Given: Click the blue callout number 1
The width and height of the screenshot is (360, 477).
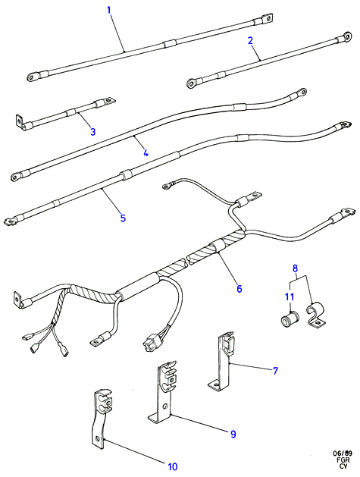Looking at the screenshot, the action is pos(109,9).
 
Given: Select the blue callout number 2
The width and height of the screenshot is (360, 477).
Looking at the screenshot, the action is pos(251,40).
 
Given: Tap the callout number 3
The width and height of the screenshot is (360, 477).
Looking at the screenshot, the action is pos(93,131).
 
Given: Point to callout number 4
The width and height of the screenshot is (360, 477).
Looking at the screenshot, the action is pos(146,152).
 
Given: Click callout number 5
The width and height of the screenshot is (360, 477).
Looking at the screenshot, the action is pos(123,218).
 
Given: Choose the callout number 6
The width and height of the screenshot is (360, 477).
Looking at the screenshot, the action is pos(239,288).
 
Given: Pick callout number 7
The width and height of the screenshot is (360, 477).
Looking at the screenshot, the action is pos(275,371).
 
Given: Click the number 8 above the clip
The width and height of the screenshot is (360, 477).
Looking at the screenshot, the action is pos(296,268).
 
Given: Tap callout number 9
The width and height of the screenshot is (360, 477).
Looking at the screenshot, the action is pos(233,434).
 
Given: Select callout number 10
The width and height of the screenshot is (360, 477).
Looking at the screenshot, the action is pos(172,466).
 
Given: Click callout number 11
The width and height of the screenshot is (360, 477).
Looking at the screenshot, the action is pos(290,297).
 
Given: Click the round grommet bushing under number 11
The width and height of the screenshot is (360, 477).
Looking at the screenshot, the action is pos(290,320).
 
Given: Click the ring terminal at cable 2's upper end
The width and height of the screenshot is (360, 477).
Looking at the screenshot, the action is pos(345,36).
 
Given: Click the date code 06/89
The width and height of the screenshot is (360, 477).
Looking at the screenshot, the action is pos(343,454).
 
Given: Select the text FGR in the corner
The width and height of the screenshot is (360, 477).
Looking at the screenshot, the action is pos(344,460).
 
